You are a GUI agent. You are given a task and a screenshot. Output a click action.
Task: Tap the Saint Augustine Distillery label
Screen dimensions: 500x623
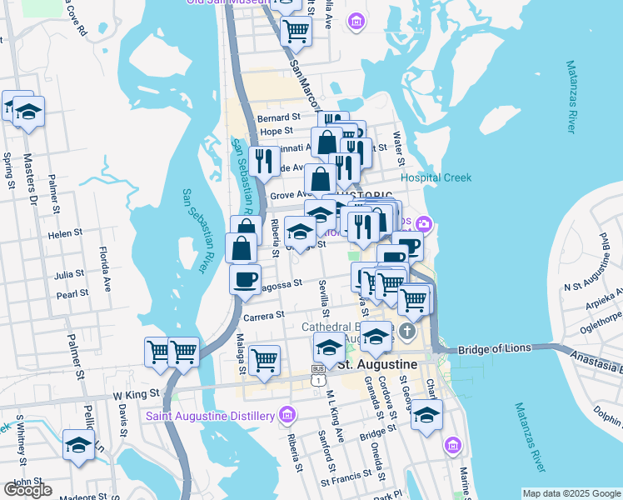click(x=212, y=415)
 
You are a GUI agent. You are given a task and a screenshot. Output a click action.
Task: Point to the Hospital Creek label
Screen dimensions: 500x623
click(x=436, y=177)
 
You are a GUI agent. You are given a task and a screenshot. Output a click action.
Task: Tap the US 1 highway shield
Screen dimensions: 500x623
click(x=318, y=379)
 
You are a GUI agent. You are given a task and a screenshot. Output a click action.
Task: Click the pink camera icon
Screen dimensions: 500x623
click(x=425, y=222)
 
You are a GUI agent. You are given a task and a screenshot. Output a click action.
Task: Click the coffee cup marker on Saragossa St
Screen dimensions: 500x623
click(x=245, y=279)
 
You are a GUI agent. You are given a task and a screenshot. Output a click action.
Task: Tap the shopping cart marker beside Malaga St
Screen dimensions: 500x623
click(x=264, y=360)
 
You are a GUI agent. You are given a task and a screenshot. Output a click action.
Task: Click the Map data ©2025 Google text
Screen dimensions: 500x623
click(x=571, y=493)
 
